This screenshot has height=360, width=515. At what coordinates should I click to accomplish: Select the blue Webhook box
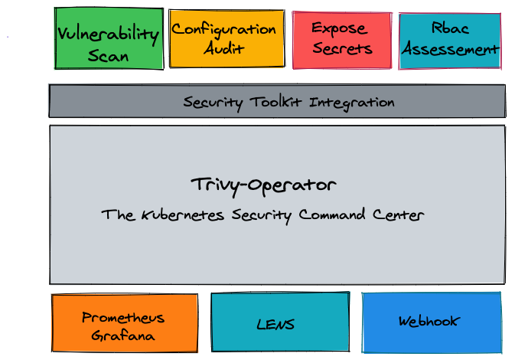coord(432,322)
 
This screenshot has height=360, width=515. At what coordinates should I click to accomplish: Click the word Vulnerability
coord(109,34)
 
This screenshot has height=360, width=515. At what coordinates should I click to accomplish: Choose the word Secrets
coord(342,48)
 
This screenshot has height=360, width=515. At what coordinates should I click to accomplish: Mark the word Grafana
coord(123,335)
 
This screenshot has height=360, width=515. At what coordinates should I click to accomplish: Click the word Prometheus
coord(123,318)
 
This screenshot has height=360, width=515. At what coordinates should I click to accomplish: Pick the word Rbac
coord(450,29)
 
